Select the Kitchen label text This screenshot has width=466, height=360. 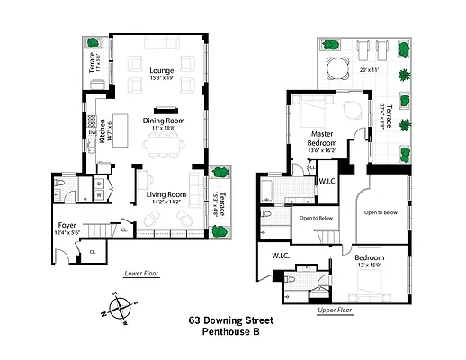coord(103,132)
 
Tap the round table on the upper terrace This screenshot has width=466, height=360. coord(340,67)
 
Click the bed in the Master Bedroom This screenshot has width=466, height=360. coord(312,114)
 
